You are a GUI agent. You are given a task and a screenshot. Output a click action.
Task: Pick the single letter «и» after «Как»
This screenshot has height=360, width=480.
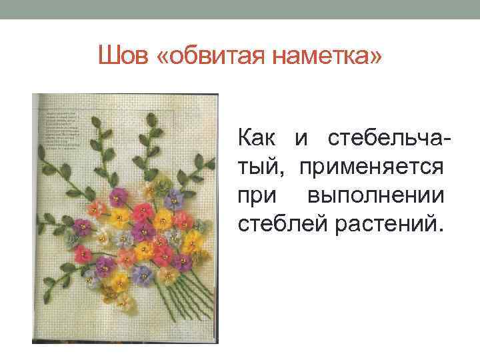[x=301, y=140]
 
